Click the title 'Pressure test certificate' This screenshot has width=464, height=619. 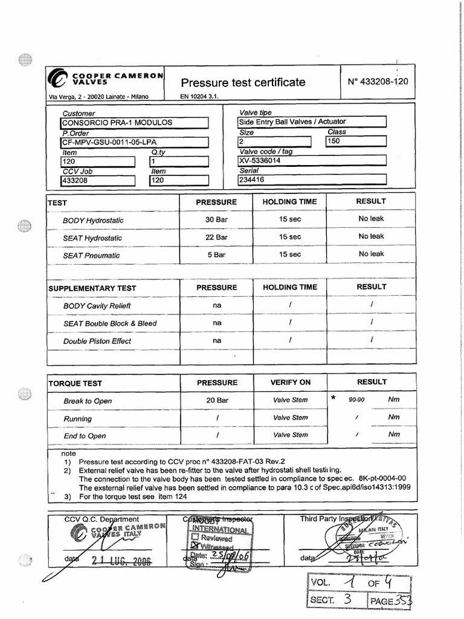[243, 82]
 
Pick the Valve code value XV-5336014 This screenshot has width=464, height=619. [260, 161]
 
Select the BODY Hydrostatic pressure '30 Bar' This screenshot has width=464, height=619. [216, 220]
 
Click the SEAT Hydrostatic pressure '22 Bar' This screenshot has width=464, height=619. [216, 238]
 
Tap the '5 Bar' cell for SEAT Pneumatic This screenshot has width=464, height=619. [216, 255]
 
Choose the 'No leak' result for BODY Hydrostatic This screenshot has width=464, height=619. [371, 219]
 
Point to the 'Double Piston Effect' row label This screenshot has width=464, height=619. [97, 341]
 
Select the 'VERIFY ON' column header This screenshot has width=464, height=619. [290, 383]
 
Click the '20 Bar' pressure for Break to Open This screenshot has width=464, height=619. [216, 400]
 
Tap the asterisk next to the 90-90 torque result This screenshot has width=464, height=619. [333, 398]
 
